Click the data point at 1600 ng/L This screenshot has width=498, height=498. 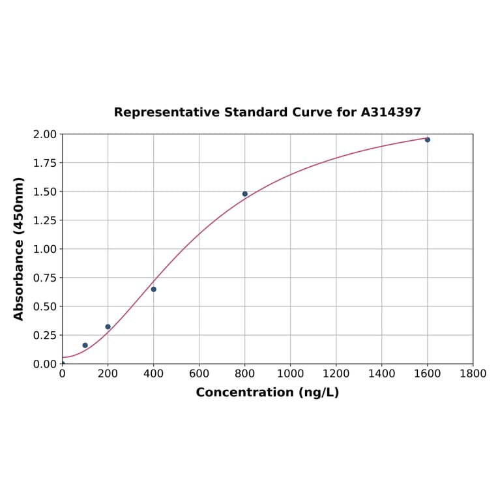[x=428, y=139]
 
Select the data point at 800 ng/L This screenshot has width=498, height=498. [x=245, y=194]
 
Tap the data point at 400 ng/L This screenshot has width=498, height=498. [x=154, y=289]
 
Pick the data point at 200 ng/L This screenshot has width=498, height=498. [x=108, y=327]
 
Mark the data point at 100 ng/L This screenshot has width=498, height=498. [x=85, y=345]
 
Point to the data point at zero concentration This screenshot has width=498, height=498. [x=63, y=363]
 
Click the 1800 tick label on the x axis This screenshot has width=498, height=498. [x=473, y=373]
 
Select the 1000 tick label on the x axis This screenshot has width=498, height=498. [x=290, y=373]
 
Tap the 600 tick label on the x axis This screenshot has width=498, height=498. [x=199, y=373]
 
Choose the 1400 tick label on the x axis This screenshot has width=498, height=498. [x=381, y=373]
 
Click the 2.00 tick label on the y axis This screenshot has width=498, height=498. [x=45, y=134]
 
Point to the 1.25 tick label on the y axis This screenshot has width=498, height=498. [x=45, y=220]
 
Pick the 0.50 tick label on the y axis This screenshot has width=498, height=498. [x=45, y=306]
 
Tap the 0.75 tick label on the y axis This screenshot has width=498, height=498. [x=45, y=278]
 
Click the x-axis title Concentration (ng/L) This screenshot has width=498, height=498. [x=267, y=392]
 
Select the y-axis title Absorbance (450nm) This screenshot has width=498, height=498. [x=19, y=248]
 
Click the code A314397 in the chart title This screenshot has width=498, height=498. [x=390, y=112]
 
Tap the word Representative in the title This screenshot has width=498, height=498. [x=167, y=112]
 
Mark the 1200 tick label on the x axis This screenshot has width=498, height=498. [x=336, y=373]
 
